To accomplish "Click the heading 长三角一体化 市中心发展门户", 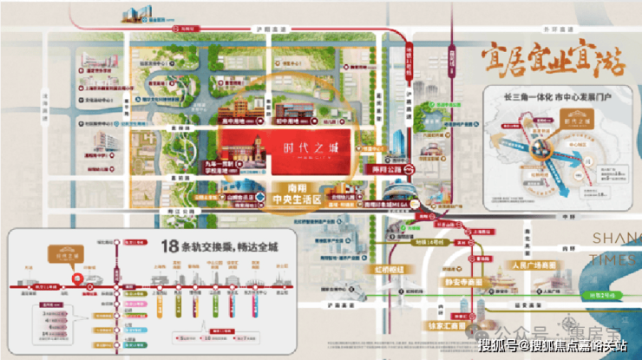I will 547,95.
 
